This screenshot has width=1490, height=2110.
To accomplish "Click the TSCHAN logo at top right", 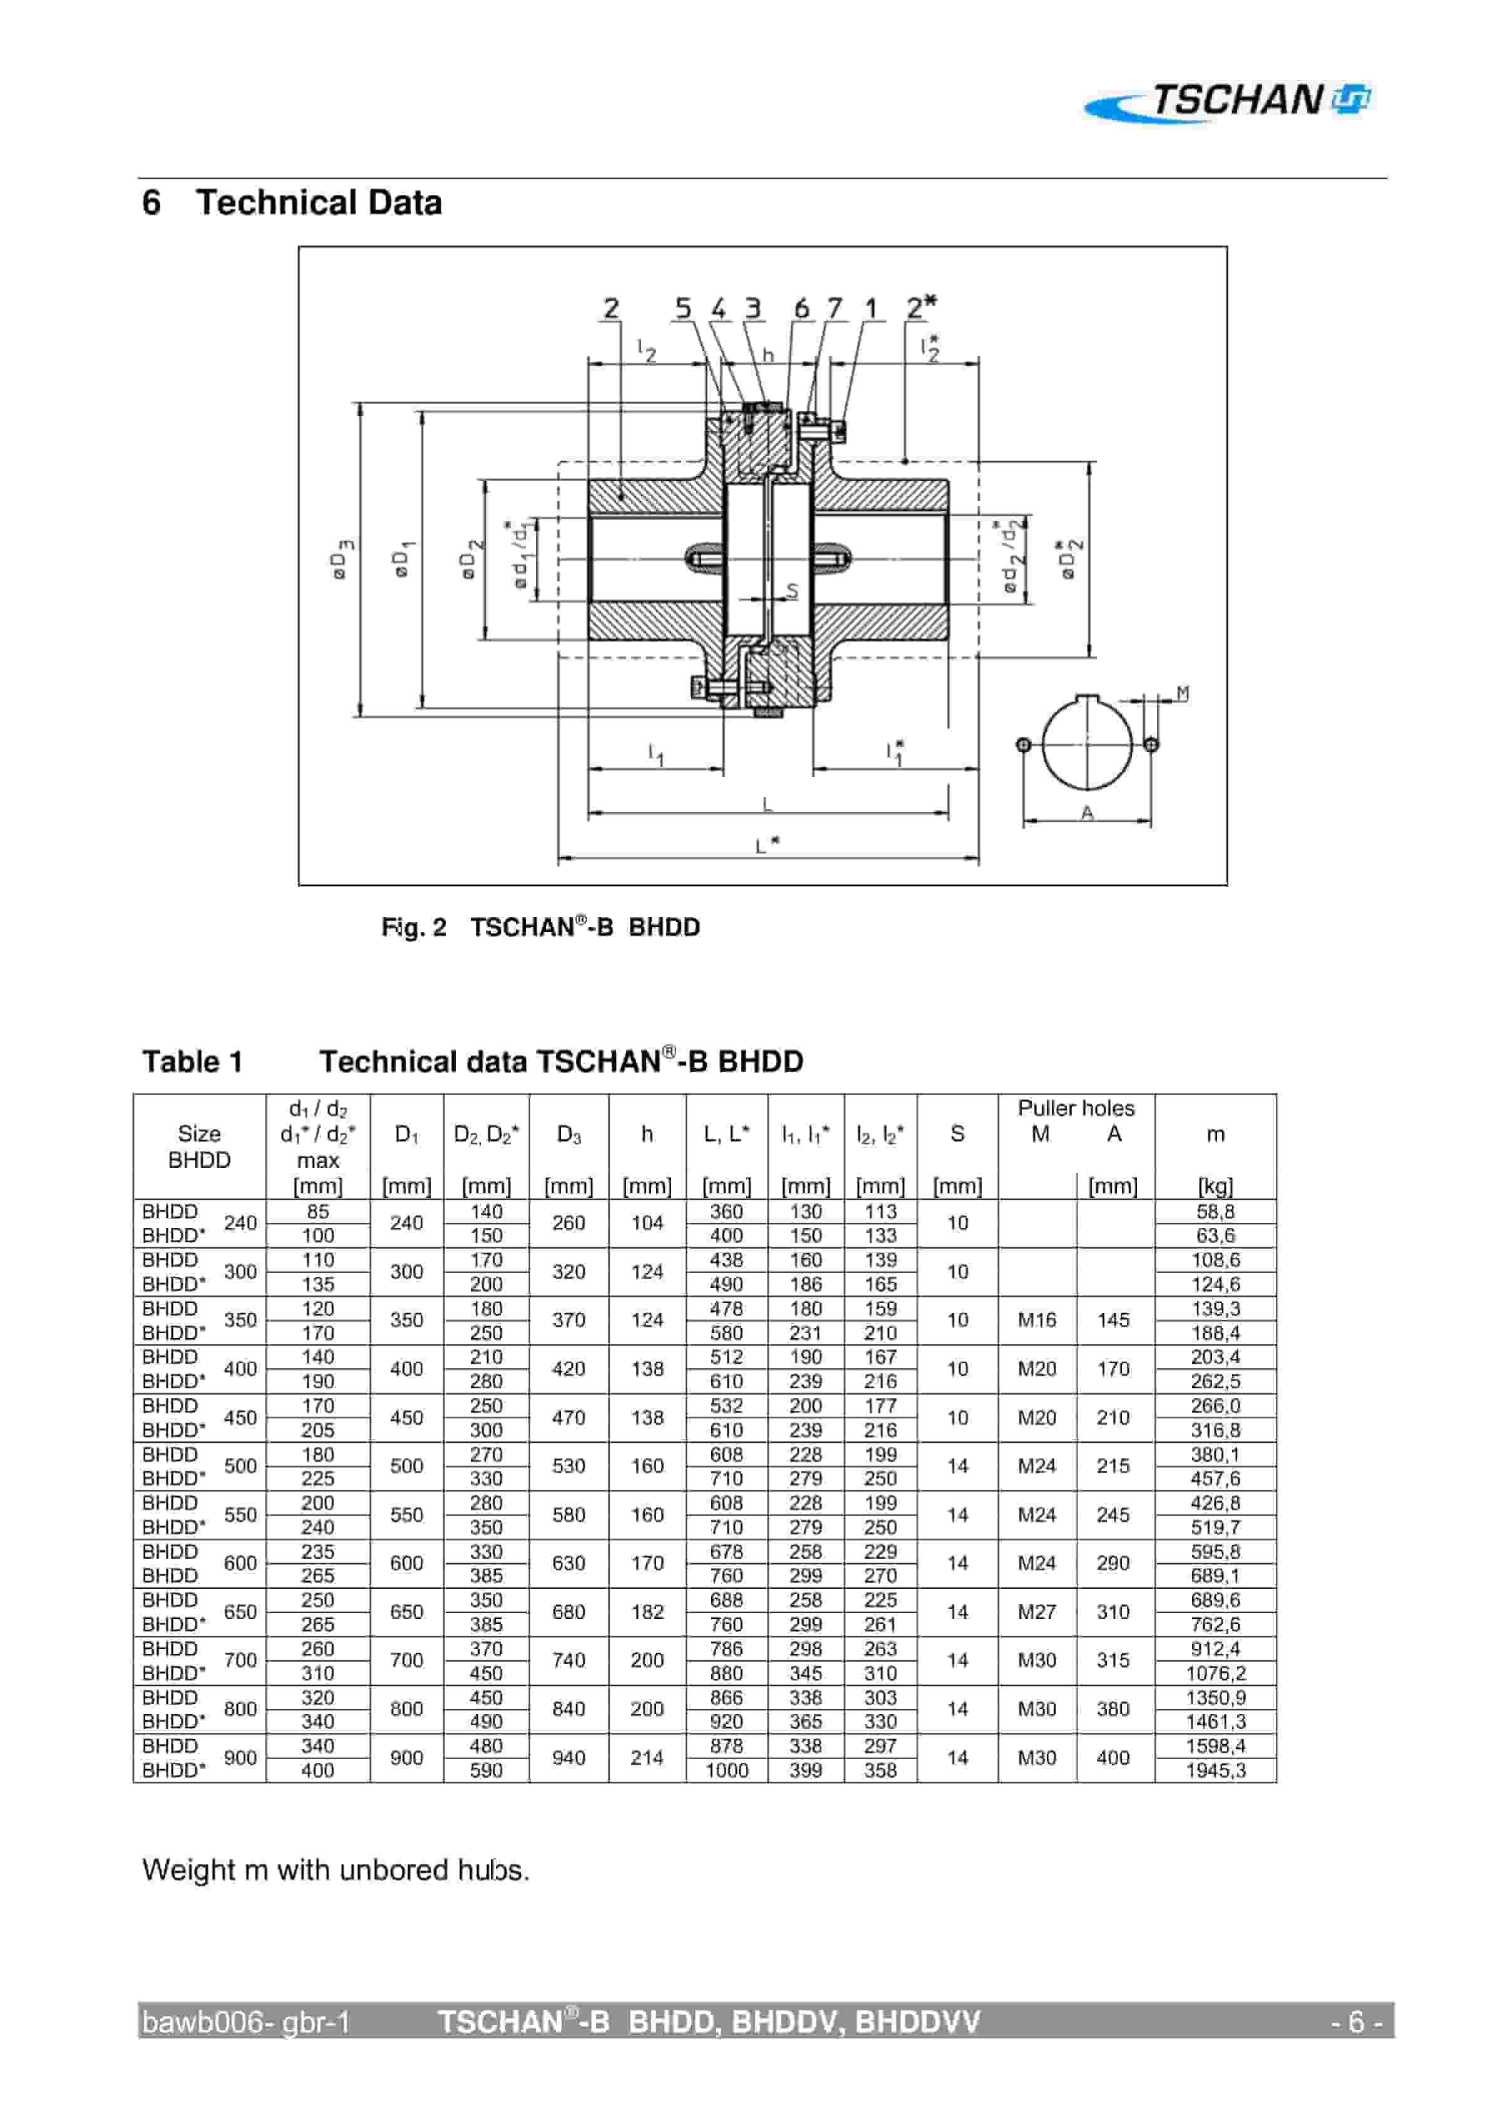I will point(1231,101).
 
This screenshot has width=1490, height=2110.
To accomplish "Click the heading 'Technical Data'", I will point(318,202).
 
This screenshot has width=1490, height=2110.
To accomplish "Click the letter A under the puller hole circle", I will point(1087,813).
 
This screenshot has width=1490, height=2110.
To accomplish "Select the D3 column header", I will point(568,1134).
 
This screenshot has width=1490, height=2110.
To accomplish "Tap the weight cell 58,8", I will point(1215,1211).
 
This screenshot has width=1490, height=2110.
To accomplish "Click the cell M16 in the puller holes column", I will point(1037,1321).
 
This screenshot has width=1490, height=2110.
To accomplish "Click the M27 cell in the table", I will point(1037,1612).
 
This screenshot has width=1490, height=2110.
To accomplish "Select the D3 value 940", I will point(568,1757).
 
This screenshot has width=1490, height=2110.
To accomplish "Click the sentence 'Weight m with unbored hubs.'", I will point(336,1869).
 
